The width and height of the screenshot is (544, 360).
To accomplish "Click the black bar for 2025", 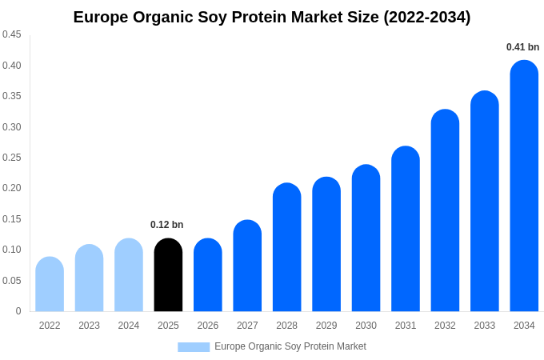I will (x=168, y=275).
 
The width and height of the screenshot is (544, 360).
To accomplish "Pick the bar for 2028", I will (x=287, y=247).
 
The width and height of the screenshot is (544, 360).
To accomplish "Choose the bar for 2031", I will (x=406, y=229).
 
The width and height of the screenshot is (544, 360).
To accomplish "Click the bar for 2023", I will (x=89, y=278).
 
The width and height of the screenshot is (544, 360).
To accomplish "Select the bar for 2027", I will (x=247, y=266).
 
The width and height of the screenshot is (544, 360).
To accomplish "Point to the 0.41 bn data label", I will (x=522, y=47).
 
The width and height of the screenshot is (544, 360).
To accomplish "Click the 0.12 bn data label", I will (x=166, y=225).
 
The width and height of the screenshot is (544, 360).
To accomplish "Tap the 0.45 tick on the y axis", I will (x=12, y=34).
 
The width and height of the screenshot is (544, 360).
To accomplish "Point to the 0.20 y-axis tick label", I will (x=12, y=188).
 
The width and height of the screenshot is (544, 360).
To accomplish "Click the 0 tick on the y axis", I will (x=18, y=311).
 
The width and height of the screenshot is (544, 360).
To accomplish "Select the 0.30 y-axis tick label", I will (x=12, y=126).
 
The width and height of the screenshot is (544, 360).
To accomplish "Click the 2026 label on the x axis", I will (x=208, y=326).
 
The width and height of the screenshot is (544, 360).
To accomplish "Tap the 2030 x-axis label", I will (x=366, y=326).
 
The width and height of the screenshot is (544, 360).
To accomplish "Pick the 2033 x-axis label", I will (x=485, y=326).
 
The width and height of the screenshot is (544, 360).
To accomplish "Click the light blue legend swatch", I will (x=194, y=347).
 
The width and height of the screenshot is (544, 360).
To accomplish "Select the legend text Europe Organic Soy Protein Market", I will (x=290, y=346).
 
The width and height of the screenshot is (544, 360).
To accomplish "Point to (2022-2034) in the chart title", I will (x=426, y=17).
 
